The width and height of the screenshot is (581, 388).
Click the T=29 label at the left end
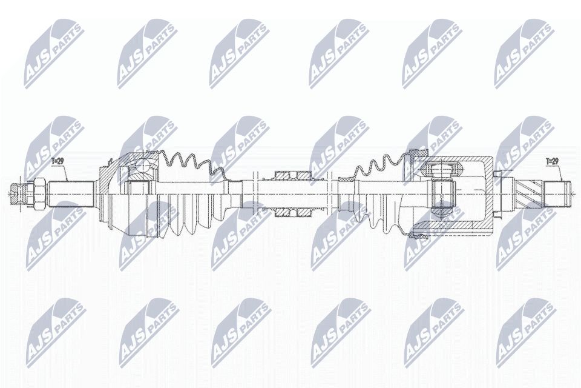(x=58, y=161)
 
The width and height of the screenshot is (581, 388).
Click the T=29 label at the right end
(x=552, y=161)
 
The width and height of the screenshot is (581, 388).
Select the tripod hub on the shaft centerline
(x=443, y=194)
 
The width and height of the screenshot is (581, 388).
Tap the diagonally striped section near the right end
(x=527, y=194)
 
